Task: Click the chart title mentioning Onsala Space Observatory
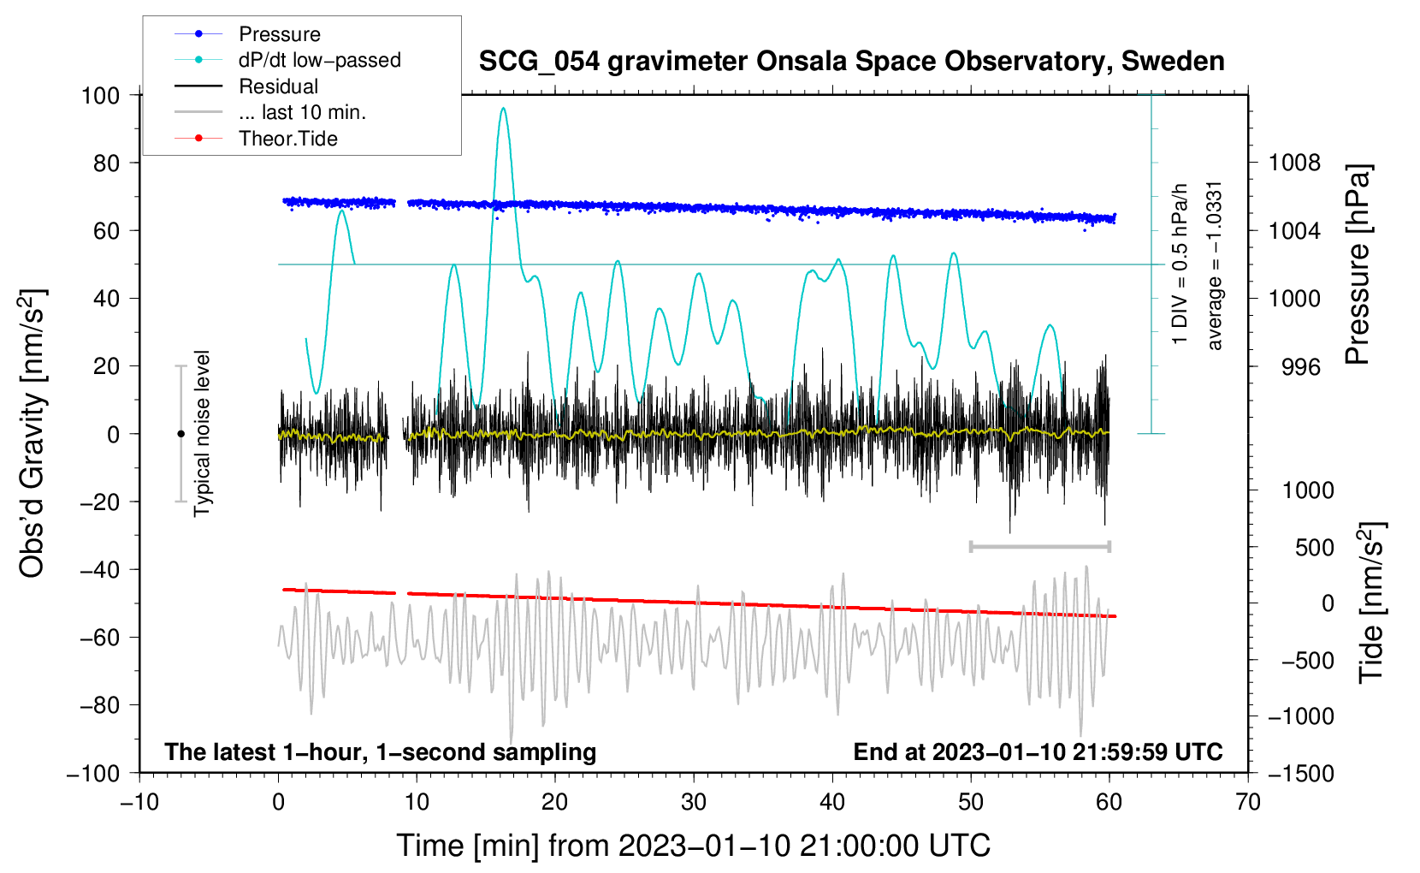[x=851, y=62]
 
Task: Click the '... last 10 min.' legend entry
[x=270, y=112]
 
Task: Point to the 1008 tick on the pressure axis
[x=1294, y=163]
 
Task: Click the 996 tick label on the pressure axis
[x=1301, y=366]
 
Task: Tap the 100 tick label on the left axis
[x=100, y=96]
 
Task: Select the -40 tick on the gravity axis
[x=99, y=570]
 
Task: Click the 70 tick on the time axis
[x=1247, y=803]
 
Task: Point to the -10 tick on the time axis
[x=139, y=803]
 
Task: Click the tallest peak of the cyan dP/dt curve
[x=503, y=108]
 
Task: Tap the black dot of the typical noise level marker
[x=180, y=434]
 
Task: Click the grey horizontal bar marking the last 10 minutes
[x=1040, y=546]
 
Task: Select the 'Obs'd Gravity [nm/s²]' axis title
[x=32, y=433]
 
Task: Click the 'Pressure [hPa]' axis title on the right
[x=1358, y=264]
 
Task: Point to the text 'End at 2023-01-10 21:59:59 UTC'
[x=1038, y=751]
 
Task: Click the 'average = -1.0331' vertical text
[x=1213, y=266]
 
